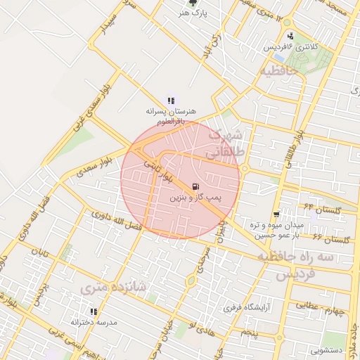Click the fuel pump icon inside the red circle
[194, 186]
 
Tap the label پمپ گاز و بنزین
[194, 199]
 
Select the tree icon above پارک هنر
[184, 4]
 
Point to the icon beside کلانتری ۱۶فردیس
[290, 37]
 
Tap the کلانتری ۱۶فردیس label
[290, 46]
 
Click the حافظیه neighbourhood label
[279, 71]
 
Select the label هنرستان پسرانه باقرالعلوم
[171, 115]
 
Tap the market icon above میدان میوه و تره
[276, 214]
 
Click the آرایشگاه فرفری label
[243, 307]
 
